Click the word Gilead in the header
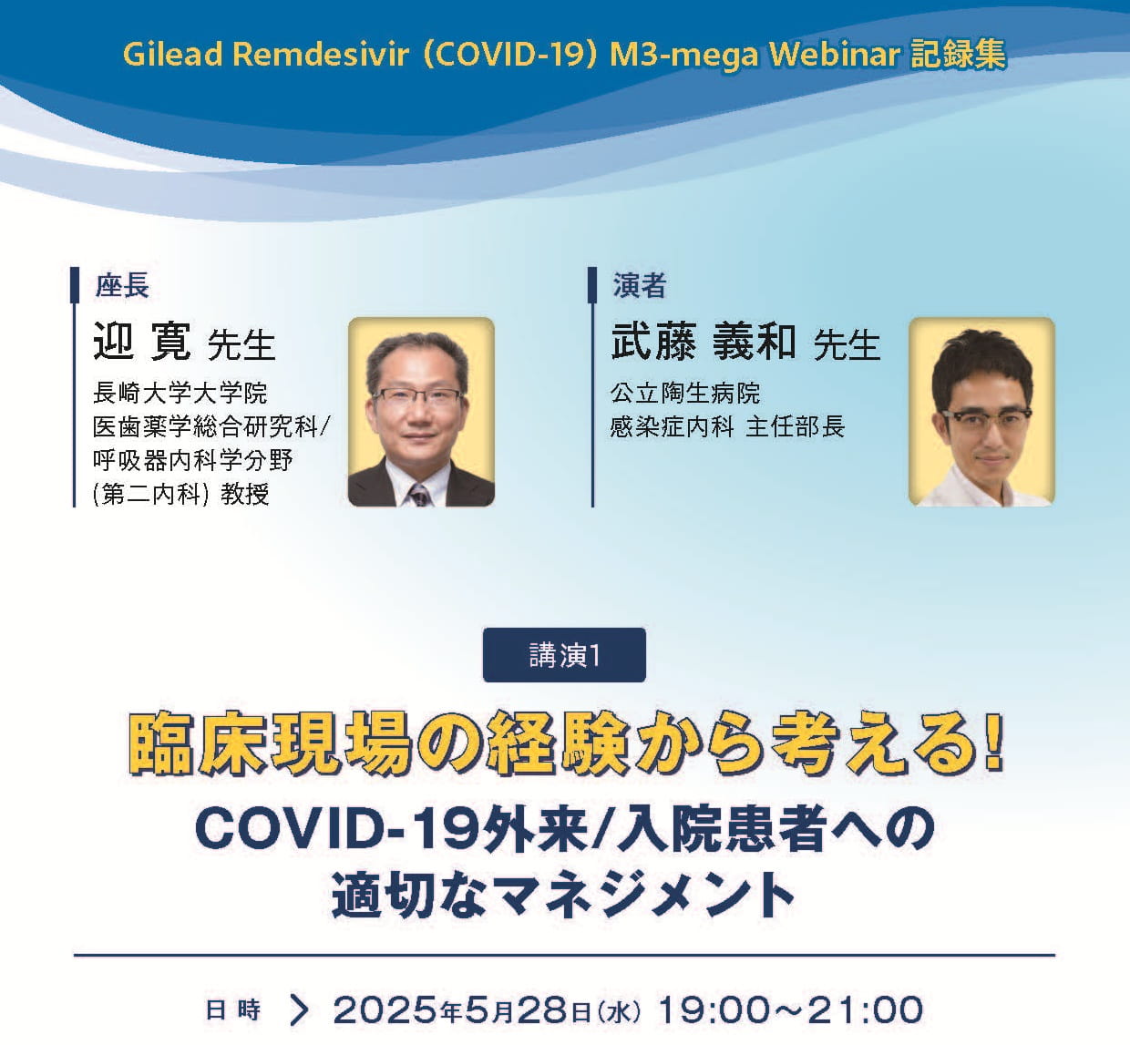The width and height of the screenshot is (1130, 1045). pos(172,55)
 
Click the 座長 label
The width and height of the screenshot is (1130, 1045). pos(122,286)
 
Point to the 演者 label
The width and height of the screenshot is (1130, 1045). pos(639,286)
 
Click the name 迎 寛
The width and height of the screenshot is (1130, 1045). pos(142,343)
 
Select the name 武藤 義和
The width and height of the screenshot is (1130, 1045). pos(704,343)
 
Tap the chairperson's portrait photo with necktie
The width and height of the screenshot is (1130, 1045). pos(421,412)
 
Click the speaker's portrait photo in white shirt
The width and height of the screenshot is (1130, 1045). pos(981,412)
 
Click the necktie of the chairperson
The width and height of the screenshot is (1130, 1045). pos(419,493)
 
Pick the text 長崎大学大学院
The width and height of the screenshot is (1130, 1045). pos(180,393)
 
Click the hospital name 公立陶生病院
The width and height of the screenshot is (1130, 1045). pos(685,393)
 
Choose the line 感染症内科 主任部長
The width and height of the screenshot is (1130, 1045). pos(727,426)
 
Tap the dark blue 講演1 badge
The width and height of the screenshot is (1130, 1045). pos(564,655)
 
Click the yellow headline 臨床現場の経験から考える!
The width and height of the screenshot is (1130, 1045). pos(565,746)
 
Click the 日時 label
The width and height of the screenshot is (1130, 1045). pos(233,1009)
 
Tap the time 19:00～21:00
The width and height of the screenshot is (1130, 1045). pos(790,1009)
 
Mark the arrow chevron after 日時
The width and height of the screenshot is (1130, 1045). pos(299,1009)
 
